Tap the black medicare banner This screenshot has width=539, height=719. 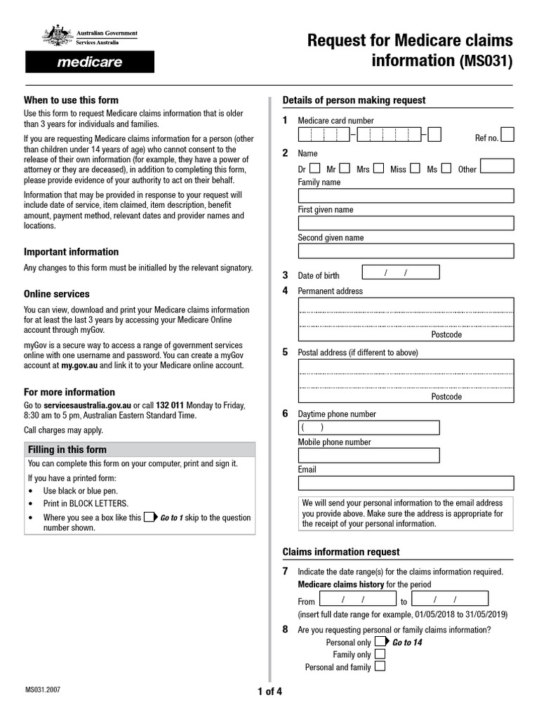(89, 62)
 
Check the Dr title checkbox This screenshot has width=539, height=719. (314, 169)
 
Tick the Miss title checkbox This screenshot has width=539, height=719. (415, 169)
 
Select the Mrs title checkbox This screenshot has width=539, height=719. (378, 169)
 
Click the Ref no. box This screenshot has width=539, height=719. (507, 135)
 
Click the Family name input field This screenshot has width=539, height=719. (406, 196)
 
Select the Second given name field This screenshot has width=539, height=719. (406, 251)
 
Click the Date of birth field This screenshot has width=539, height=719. (400, 272)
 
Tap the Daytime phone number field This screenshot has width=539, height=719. (369, 428)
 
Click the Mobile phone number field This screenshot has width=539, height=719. (369, 455)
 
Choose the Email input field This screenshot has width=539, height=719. (406, 483)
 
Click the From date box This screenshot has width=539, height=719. (356, 599)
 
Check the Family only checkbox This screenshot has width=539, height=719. (380, 654)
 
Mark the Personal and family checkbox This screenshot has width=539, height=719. (380, 667)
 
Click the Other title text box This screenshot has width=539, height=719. (497, 166)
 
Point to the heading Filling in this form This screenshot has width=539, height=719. (67, 449)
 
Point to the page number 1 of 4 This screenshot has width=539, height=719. (269, 692)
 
